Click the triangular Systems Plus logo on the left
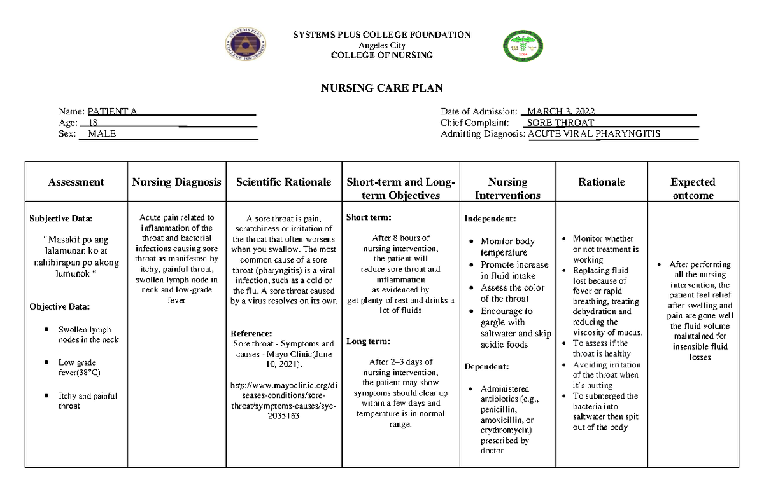point(245,46)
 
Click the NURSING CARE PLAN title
point(381,88)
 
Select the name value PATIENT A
point(112,112)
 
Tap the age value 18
point(93,123)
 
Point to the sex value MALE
point(102,134)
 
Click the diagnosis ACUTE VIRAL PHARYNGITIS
point(595,134)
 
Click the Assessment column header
point(76,182)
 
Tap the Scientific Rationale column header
point(283,182)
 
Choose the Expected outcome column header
point(693,189)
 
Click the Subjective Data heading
point(61,219)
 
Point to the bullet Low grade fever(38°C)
point(77,367)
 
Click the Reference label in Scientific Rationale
point(251,333)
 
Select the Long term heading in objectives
point(364,341)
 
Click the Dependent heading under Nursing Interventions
point(486,367)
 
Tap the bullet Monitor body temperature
point(507,247)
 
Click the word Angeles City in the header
point(381,45)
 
